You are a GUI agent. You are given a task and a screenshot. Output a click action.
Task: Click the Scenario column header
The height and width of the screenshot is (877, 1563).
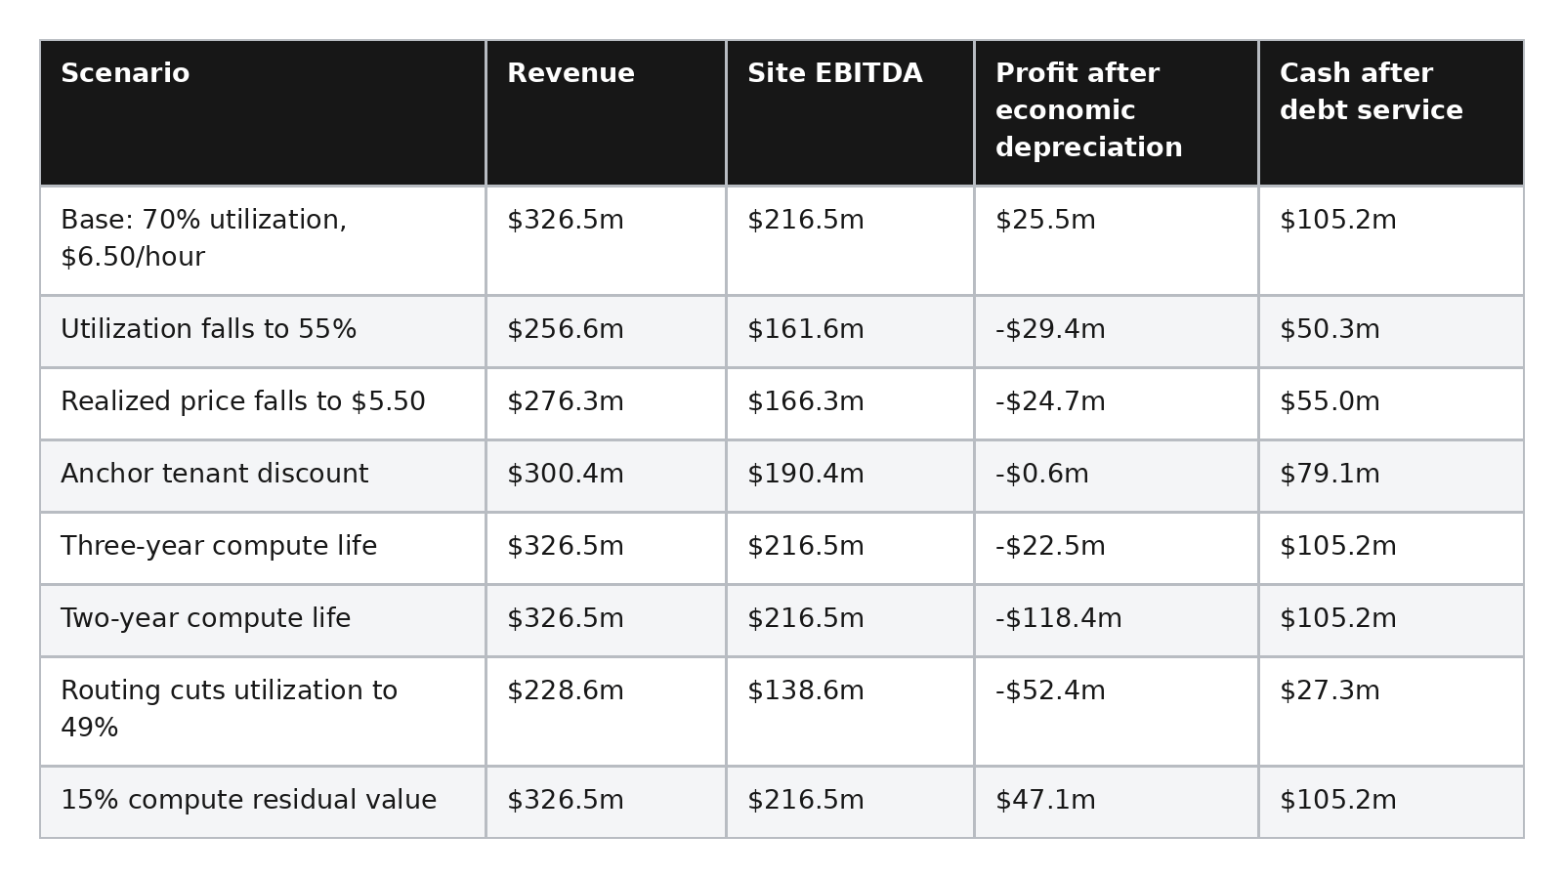pos(125,73)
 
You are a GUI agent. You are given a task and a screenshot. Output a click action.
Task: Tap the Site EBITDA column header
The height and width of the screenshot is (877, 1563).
pos(834,73)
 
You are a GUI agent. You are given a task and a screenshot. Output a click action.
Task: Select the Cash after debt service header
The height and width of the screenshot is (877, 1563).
pos(1372,92)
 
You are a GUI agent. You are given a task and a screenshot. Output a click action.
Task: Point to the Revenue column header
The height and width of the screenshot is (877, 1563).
pos(570,73)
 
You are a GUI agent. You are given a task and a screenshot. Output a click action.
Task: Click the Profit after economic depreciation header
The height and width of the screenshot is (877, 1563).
pos(1088,110)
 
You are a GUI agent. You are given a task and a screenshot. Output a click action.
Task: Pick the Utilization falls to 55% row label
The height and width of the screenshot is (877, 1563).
pos(209,329)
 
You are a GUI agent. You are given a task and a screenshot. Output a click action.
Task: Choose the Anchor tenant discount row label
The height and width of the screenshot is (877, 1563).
pos(214,474)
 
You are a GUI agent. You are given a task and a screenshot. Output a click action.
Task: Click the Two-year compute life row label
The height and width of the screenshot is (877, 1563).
pos(206,618)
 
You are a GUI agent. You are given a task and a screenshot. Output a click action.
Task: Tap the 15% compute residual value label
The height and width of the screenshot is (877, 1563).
pos(248,800)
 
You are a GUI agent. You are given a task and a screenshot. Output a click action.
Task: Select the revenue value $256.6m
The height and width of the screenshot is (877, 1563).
pos(566,329)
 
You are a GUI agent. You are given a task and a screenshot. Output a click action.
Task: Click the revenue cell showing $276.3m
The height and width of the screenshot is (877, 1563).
pos(566,401)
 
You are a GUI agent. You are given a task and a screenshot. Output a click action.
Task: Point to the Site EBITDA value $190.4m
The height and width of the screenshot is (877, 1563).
pos(805,474)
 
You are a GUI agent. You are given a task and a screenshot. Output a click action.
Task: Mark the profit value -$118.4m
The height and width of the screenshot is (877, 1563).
pos(1059,618)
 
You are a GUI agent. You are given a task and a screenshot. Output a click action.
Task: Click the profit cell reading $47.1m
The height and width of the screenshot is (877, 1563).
pos(1045,800)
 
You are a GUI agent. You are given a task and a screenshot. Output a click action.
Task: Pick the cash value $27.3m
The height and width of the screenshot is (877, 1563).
pos(1330,690)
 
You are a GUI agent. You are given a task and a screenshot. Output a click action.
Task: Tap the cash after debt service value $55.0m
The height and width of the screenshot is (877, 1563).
pos(1330,401)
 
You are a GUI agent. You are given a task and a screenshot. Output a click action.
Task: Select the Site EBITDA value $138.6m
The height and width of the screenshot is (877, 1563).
pos(805,690)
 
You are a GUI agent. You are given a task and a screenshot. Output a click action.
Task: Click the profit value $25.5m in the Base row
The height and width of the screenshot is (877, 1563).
pos(1045,221)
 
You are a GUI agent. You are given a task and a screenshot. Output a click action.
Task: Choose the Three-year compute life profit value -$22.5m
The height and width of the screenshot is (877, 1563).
pos(1050,546)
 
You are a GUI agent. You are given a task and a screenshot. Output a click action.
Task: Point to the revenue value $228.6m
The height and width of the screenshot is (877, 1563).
pos(566,690)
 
